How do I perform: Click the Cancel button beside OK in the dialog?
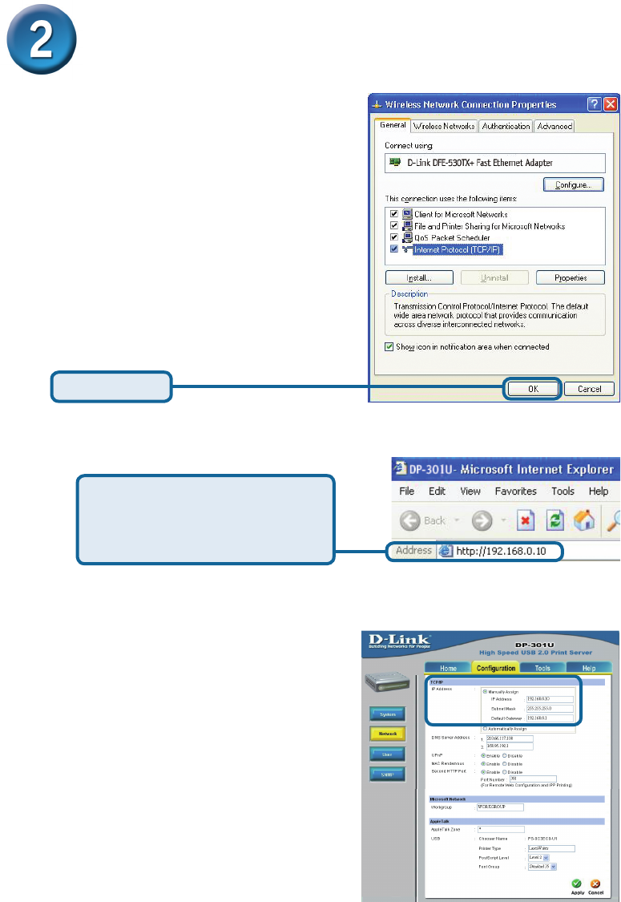tap(589, 389)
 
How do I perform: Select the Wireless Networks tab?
tap(444, 126)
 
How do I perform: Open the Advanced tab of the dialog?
tap(554, 126)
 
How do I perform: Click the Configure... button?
tap(573, 184)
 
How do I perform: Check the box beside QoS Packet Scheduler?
tap(394, 238)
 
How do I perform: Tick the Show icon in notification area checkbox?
tap(390, 346)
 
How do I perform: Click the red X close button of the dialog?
tap(611, 105)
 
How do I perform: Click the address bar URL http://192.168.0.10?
tap(504, 552)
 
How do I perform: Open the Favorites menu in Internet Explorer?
tap(516, 491)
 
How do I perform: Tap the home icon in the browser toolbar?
tap(586, 520)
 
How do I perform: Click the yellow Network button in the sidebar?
tap(387, 732)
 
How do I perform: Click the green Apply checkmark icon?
tap(576, 883)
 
